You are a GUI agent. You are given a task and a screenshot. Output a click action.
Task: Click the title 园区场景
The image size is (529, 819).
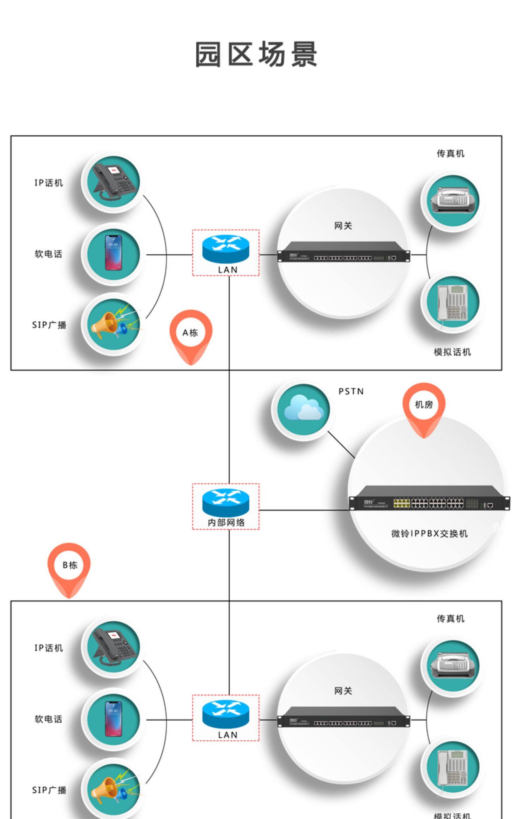(256, 54)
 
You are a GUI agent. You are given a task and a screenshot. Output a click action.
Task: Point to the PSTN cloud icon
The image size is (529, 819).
(303, 409)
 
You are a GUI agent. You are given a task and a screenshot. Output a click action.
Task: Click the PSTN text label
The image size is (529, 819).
(351, 392)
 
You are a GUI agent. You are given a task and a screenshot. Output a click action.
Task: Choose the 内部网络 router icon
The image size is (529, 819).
(226, 502)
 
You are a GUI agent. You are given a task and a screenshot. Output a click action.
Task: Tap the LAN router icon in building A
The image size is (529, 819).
(226, 249)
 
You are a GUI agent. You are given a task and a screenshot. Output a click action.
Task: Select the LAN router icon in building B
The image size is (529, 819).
(226, 714)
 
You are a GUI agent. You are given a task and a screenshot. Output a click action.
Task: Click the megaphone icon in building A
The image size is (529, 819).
(113, 324)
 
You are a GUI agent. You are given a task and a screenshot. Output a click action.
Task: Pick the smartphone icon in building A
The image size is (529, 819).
(114, 253)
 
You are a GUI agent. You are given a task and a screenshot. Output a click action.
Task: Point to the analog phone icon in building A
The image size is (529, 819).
(452, 303)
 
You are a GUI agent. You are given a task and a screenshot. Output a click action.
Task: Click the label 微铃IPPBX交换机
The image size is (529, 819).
(429, 534)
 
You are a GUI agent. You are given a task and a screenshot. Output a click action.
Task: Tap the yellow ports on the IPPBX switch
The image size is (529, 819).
(402, 503)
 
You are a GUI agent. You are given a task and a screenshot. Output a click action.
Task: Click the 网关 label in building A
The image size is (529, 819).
(343, 226)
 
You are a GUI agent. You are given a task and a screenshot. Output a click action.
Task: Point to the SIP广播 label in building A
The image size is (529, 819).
(49, 325)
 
